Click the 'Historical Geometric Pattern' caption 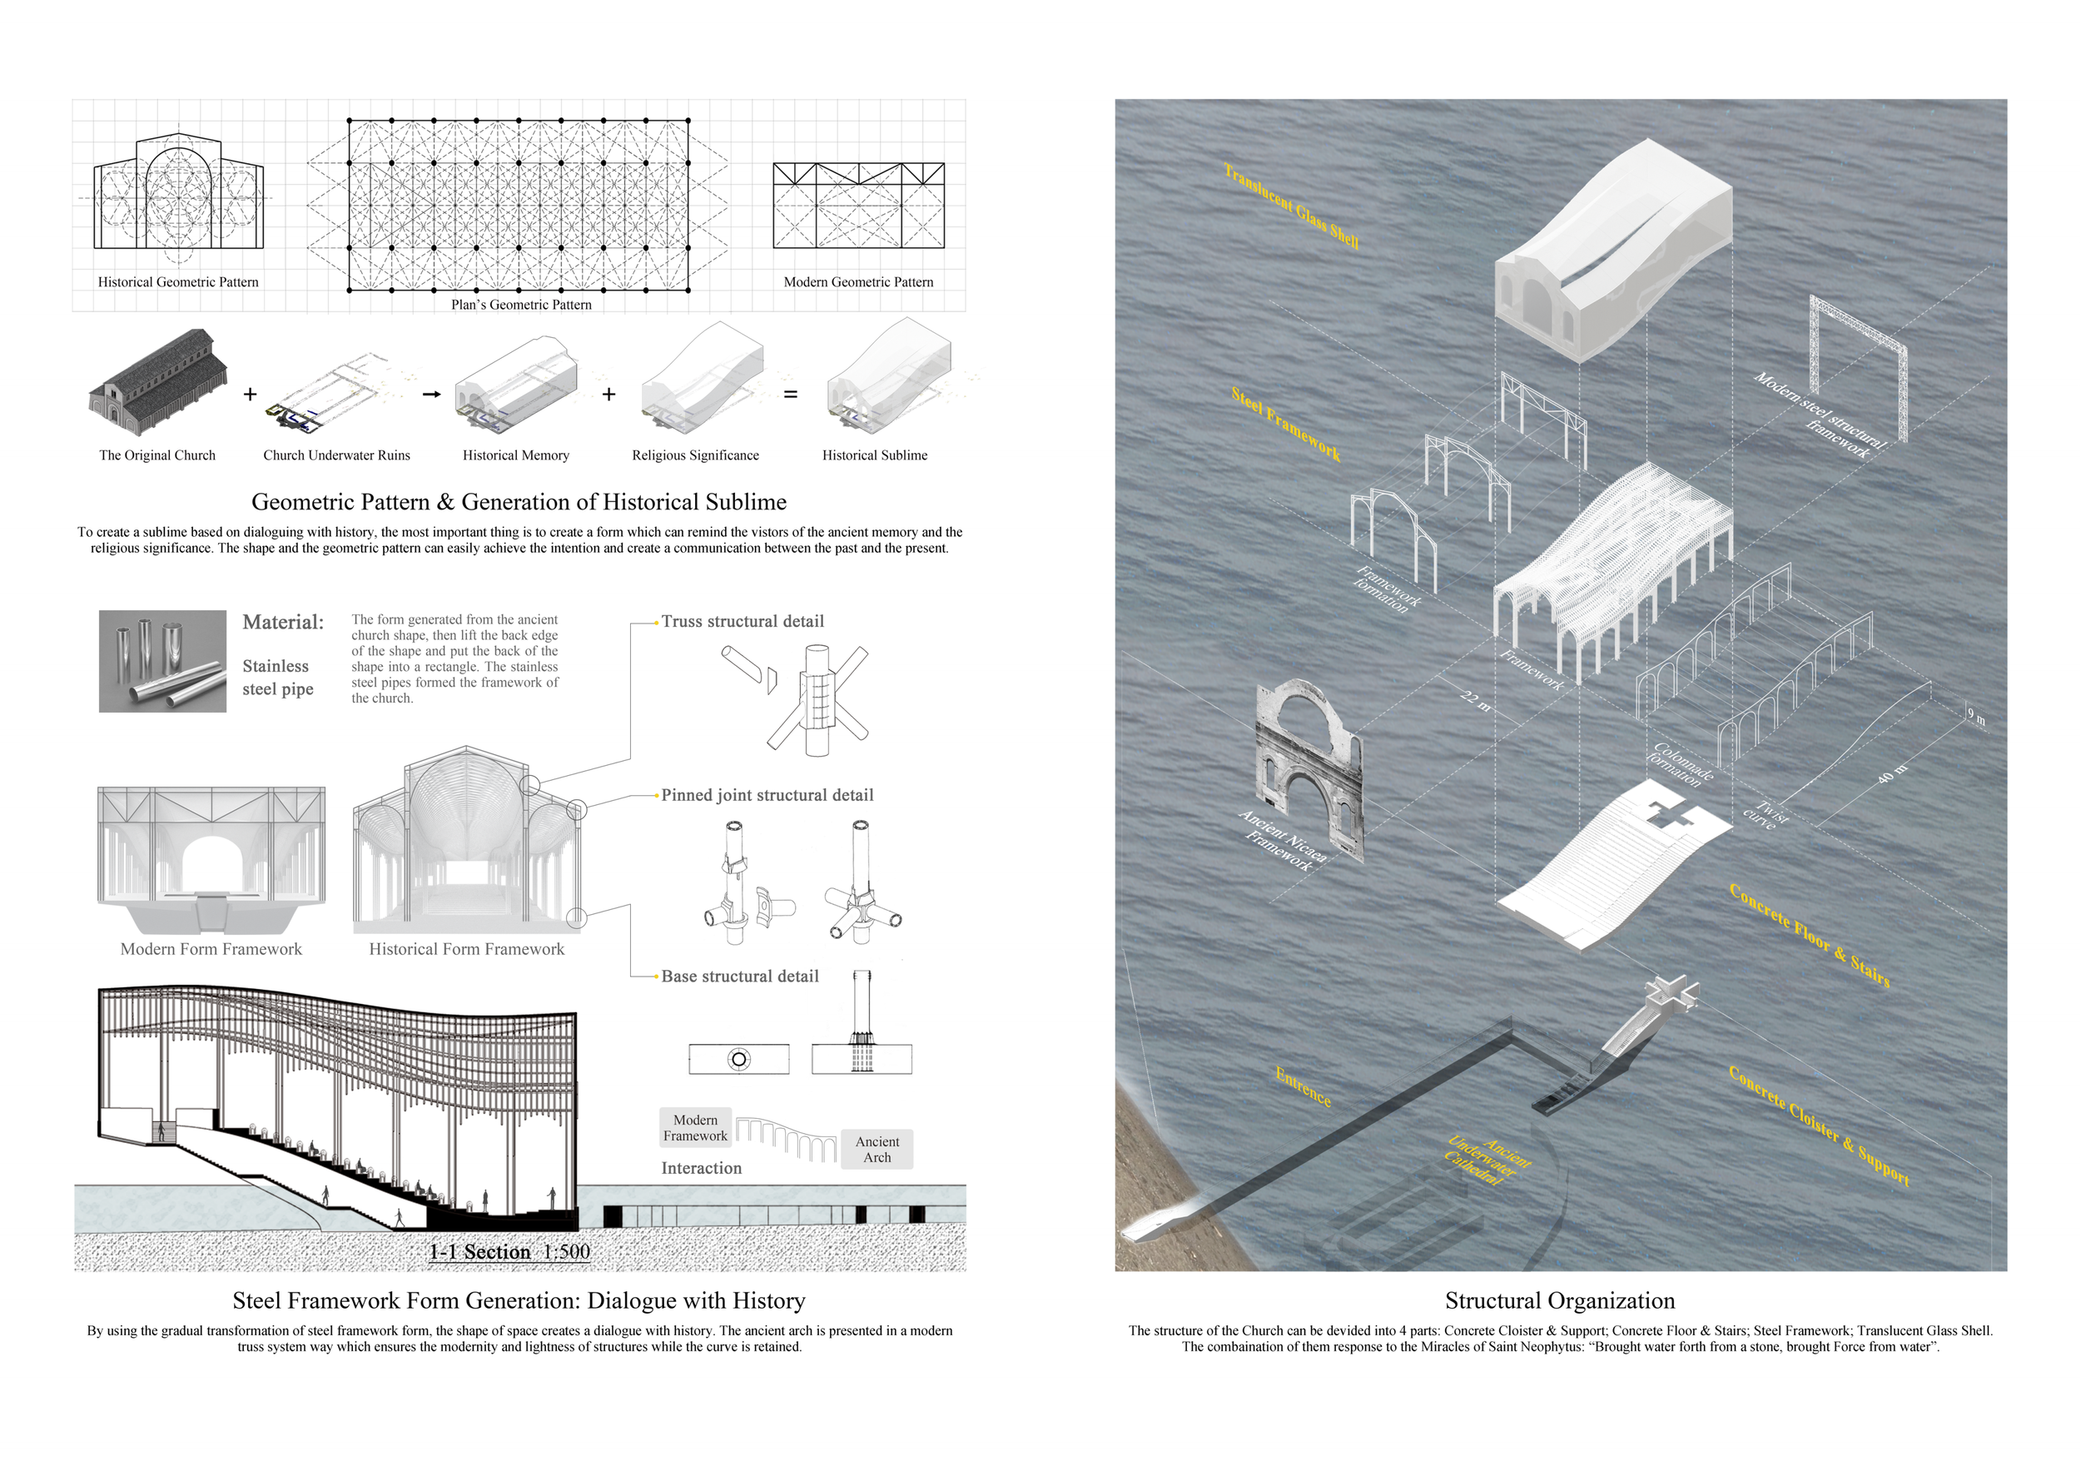pyautogui.click(x=177, y=282)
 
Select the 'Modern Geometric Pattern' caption pyautogui.click(x=857, y=282)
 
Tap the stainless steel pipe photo pyautogui.click(x=162, y=661)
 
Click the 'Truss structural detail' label pyautogui.click(x=743, y=622)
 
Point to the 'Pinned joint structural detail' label pyautogui.click(x=767, y=795)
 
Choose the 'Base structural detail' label pyautogui.click(x=740, y=977)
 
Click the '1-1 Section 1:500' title pyautogui.click(x=509, y=1252)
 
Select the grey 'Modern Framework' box pyautogui.click(x=695, y=1127)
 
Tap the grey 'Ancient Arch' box pyautogui.click(x=877, y=1150)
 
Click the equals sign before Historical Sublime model pyautogui.click(x=790, y=395)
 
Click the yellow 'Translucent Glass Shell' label pyautogui.click(x=1291, y=206)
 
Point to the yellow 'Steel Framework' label pyautogui.click(x=1285, y=423)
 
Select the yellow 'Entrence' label pyautogui.click(x=1304, y=1086)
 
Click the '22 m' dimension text pyautogui.click(x=1476, y=701)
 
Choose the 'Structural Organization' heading pyautogui.click(x=1559, y=1300)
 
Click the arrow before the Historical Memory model pyautogui.click(x=431, y=395)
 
